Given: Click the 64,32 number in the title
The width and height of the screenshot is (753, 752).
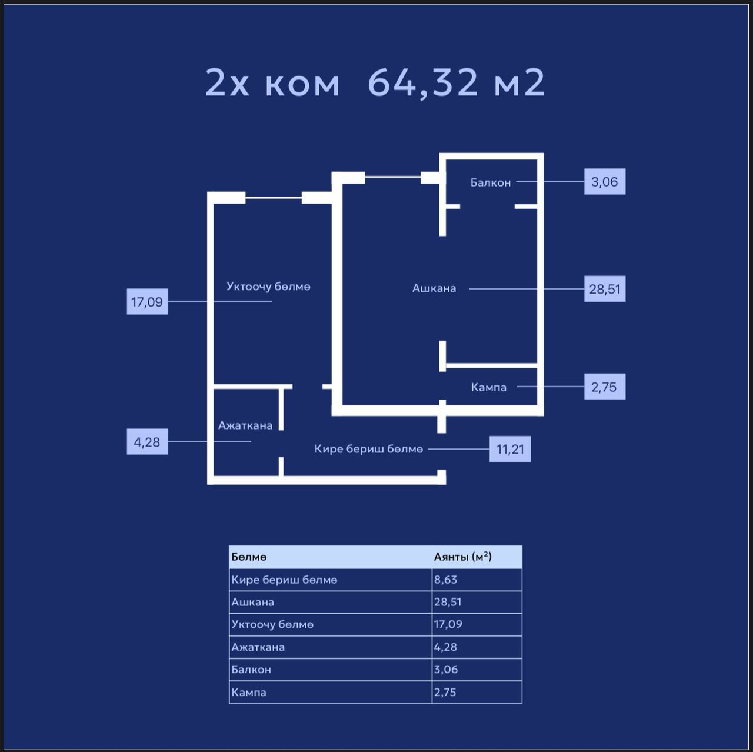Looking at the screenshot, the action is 422,83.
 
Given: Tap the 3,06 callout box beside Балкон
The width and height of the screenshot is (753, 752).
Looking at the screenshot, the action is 605,181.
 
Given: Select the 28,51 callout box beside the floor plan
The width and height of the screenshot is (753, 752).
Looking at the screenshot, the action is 605,289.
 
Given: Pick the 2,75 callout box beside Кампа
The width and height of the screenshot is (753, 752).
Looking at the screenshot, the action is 605,387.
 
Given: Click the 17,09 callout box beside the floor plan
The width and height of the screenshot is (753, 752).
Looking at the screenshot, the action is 147,301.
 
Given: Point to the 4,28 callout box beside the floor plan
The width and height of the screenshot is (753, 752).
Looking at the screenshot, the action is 147,442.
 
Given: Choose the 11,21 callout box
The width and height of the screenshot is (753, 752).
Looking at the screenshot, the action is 510,449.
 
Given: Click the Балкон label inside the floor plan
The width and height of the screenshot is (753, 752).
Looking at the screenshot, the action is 491,182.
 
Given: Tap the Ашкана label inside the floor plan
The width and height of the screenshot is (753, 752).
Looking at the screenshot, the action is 434,288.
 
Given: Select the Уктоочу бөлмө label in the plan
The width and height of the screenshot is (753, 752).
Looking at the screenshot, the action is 268,287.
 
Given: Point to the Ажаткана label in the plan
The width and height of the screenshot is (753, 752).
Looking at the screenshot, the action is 245,425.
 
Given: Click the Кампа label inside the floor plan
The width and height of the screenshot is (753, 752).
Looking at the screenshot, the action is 488,387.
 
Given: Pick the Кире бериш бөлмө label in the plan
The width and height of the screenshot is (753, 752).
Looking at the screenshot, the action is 368,449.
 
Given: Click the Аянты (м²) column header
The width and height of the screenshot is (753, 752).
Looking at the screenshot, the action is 462,556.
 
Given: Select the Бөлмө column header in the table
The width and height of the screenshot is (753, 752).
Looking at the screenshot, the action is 249,557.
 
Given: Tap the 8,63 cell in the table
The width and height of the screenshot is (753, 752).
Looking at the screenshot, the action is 445,579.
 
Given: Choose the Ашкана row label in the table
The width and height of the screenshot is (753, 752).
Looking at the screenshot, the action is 252,602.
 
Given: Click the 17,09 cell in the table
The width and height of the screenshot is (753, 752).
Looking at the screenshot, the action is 448,624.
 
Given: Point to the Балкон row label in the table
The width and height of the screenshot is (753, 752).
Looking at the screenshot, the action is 251,670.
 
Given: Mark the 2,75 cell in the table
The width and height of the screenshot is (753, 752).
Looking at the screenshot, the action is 445,692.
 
